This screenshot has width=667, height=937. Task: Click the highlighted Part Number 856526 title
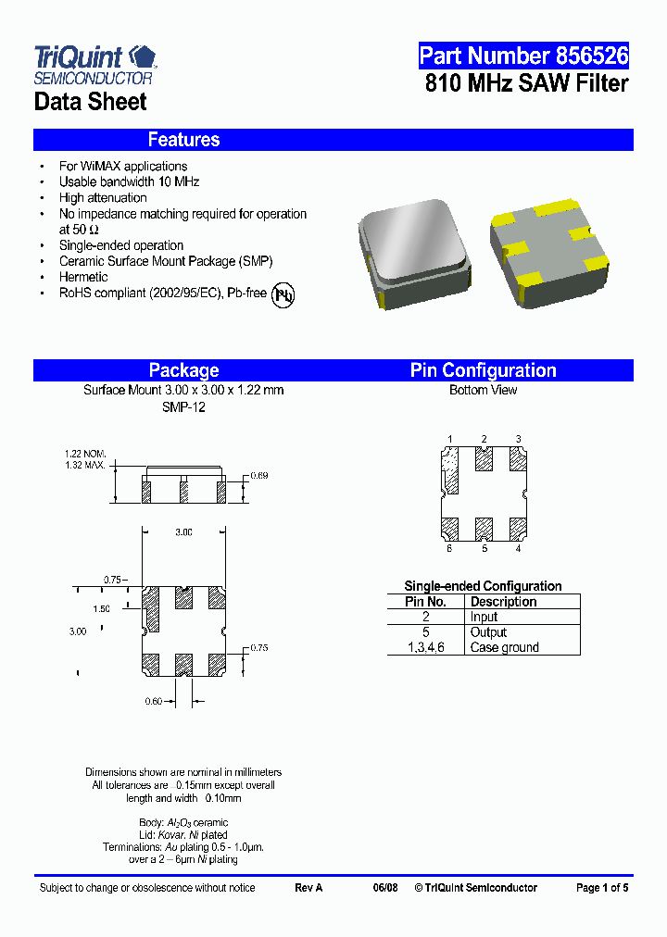[523, 56]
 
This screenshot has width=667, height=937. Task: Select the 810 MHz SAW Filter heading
[526, 83]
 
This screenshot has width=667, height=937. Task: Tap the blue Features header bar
[333, 140]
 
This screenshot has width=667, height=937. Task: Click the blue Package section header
[183, 370]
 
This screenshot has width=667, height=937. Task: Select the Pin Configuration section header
[483, 370]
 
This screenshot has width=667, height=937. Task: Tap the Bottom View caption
[483, 390]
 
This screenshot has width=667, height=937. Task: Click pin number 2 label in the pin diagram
[484, 439]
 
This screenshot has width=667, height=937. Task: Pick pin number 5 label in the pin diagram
[484, 548]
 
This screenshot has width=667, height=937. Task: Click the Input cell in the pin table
[484, 617]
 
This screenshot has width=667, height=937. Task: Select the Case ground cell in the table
[504, 647]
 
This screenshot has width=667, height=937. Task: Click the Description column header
[503, 602]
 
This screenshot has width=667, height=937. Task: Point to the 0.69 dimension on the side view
[259, 476]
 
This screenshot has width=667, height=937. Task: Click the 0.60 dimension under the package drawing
[153, 702]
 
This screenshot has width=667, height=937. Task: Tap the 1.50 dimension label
[101, 608]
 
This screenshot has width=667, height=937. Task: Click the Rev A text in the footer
[308, 888]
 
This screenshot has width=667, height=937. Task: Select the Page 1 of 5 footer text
[601, 888]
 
